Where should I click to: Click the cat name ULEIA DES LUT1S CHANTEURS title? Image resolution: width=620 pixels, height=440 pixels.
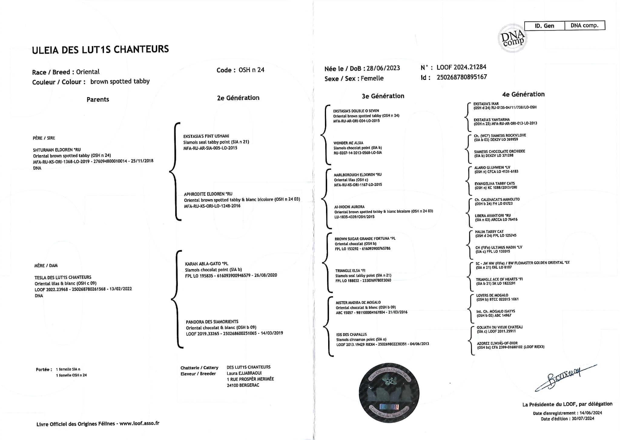click(x=100, y=49)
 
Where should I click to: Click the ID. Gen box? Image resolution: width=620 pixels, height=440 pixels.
click(x=544, y=26)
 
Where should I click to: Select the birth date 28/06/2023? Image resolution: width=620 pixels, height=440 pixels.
click(x=383, y=68)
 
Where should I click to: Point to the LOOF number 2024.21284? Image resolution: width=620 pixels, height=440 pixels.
click(x=461, y=67)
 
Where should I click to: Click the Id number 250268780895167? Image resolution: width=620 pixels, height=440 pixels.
click(x=462, y=77)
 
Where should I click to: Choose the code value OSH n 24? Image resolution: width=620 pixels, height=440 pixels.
click(x=251, y=70)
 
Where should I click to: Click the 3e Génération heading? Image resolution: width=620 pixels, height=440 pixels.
click(x=383, y=96)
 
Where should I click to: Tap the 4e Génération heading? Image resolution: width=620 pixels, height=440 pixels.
click(x=523, y=94)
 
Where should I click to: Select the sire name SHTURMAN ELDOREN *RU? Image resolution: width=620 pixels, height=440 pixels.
click(x=57, y=150)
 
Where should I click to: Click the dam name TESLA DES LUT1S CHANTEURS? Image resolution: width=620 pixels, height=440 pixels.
click(x=63, y=277)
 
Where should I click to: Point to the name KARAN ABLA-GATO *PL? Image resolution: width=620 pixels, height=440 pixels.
click(x=206, y=264)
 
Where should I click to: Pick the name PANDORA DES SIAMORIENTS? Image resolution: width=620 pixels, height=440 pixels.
click(x=212, y=322)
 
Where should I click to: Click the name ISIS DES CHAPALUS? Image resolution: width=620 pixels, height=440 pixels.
click(x=351, y=334)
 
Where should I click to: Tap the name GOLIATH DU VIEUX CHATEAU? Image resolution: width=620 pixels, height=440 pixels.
click(x=500, y=327)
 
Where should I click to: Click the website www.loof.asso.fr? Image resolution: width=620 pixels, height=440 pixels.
click(x=139, y=423)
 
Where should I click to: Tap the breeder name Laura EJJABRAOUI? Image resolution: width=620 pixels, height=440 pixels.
click(x=244, y=373)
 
